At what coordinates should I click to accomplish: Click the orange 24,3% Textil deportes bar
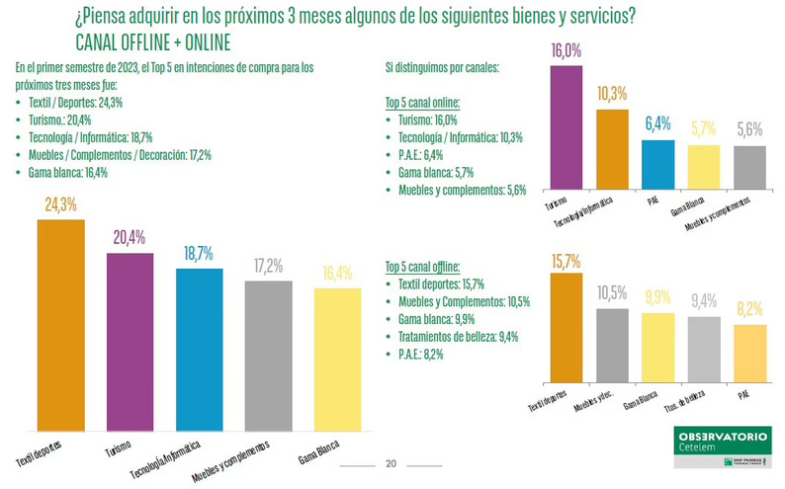coord(60,326)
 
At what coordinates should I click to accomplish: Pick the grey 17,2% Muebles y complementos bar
coord(268,357)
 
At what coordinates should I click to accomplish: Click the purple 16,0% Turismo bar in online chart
coord(566,127)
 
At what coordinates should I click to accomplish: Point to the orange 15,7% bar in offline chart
coord(566,327)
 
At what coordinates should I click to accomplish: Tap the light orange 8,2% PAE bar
coord(749,353)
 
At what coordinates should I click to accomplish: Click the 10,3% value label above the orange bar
coord(612,93)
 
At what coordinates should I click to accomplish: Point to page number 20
coord(390,464)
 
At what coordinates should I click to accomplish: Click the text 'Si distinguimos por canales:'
coord(443,68)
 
